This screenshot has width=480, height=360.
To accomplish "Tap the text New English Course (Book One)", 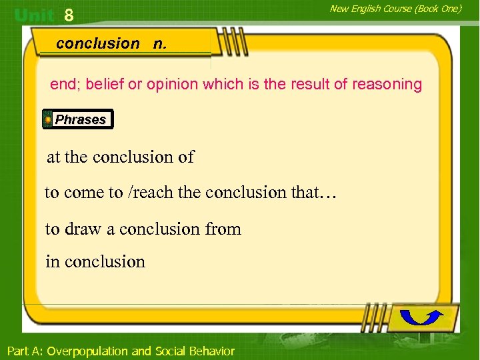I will point(395,9).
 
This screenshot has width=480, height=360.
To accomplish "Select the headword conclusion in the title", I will point(98,43).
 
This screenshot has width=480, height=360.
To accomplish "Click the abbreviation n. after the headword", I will point(160,43).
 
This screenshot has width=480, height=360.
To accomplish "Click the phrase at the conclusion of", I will point(120,157).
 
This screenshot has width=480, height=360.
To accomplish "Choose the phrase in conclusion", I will point(95,262).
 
